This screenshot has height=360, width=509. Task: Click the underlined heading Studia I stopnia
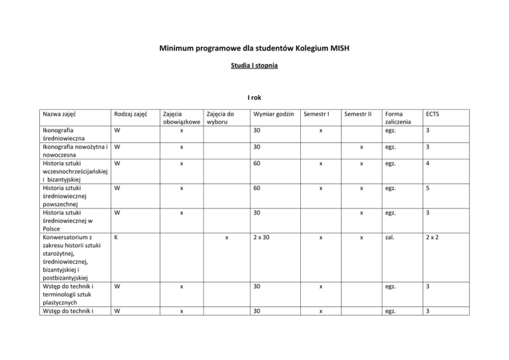pos(254,66)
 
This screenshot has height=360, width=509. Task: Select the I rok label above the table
pos(254,97)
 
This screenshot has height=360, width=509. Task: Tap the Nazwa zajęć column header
pos(59,114)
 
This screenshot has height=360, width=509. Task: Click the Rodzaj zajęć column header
pos(130,114)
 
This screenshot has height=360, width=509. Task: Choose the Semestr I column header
pos(320,114)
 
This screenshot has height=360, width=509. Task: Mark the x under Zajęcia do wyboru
pos(227,237)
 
